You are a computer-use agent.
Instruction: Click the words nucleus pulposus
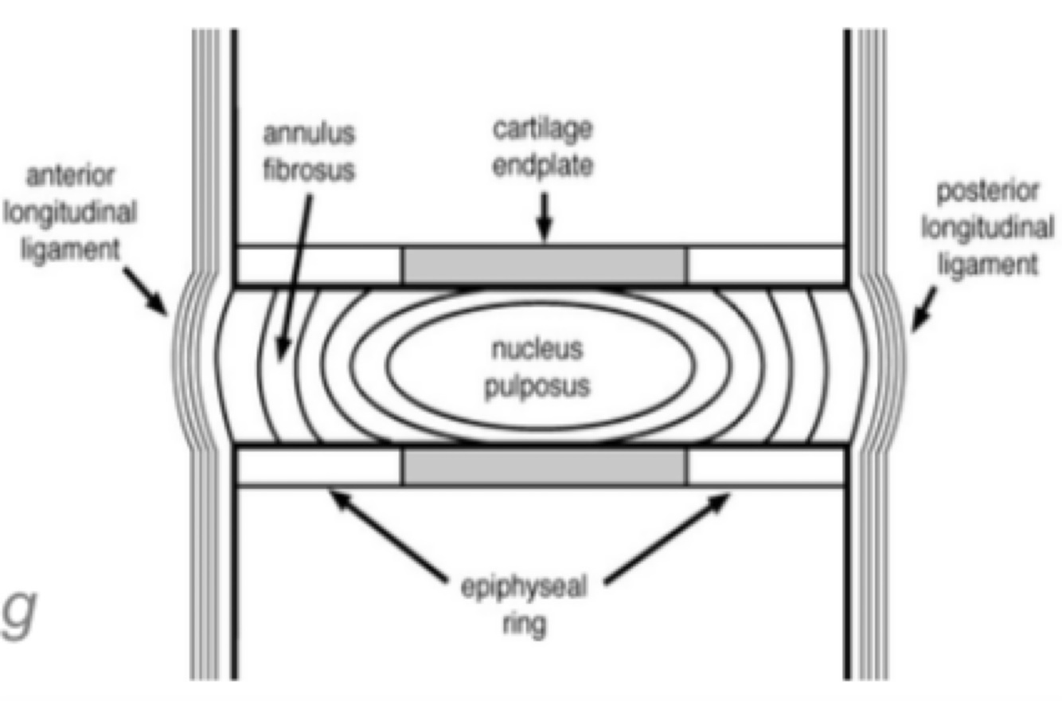tap(537, 367)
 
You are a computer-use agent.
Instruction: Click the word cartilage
tap(542, 129)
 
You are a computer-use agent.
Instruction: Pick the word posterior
tap(987, 193)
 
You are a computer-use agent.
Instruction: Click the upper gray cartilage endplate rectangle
tap(545, 265)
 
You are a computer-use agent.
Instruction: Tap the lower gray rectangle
tap(545, 467)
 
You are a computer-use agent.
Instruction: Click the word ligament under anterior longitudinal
tap(70, 248)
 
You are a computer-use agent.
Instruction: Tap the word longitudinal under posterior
tap(987, 228)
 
